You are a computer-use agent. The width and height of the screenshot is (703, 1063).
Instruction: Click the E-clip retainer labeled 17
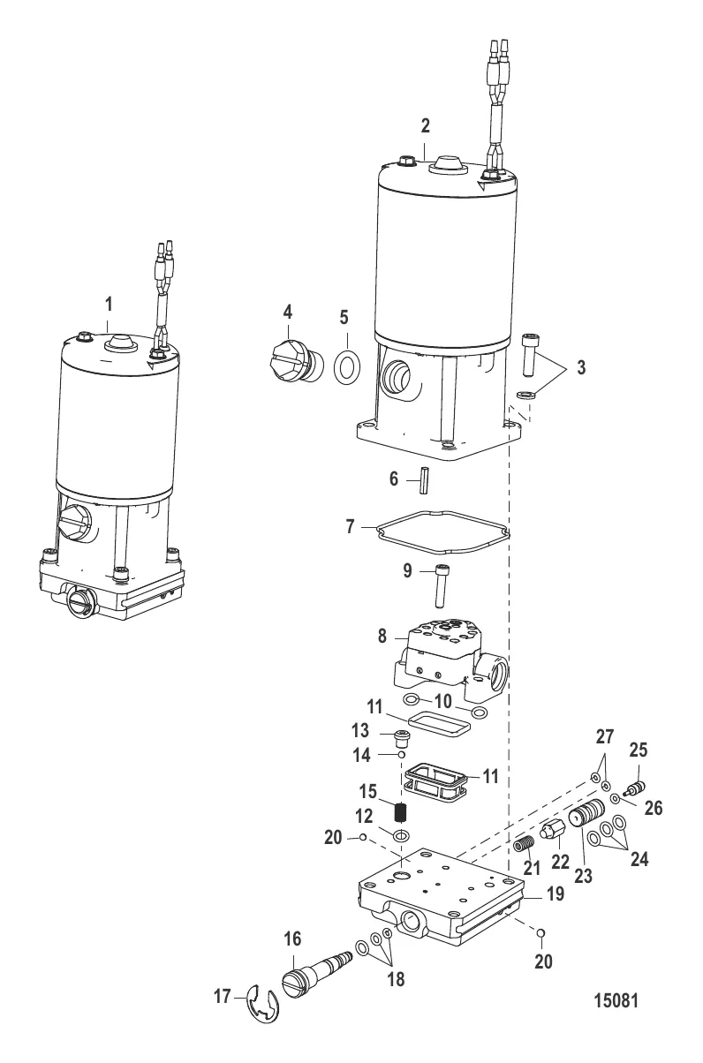[x=254, y=1003]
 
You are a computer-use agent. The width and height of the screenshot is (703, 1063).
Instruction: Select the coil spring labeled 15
[x=402, y=812]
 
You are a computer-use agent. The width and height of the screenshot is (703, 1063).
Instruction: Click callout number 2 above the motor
[x=426, y=126]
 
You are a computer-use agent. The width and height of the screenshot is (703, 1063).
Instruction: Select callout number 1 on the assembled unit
[x=110, y=305]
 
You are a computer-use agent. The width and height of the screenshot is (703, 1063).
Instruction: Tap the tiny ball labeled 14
[x=402, y=754]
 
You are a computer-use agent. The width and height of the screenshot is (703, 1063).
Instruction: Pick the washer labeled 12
[x=403, y=835]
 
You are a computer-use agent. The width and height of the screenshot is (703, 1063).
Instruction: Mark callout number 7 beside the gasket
[x=351, y=526]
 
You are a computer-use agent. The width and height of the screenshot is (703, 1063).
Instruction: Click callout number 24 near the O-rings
[x=639, y=858]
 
